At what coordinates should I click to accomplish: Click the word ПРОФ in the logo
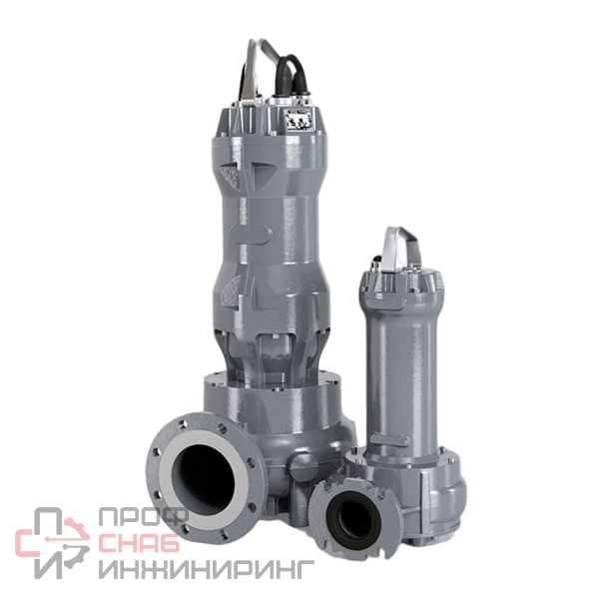tap(143, 516)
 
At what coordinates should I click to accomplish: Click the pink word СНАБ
tap(139, 543)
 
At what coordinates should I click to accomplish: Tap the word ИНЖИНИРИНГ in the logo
tap(207, 569)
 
